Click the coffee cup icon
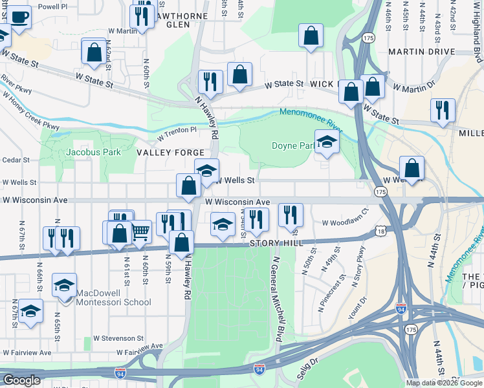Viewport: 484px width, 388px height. pyautogui.click(x=19, y=16)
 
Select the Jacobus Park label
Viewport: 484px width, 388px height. pyautogui.click(x=93, y=153)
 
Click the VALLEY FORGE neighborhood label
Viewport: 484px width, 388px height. pyautogui.click(x=162, y=153)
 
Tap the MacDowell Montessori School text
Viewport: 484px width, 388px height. pyautogui.click(x=114, y=297)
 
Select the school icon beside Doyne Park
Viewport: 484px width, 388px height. pyautogui.click(x=327, y=142)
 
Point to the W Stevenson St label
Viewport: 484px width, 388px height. pyautogui.click(x=118, y=338)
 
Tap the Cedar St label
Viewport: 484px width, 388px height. pyautogui.click(x=16, y=160)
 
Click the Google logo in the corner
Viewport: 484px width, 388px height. pyautogui.click(x=21, y=380)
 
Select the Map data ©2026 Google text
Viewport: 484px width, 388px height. pyautogui.click(x=444, y=383)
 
